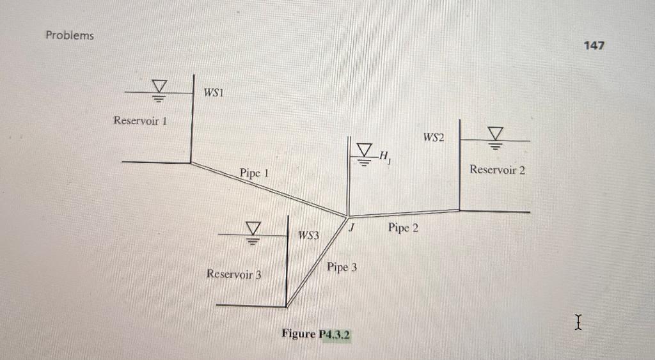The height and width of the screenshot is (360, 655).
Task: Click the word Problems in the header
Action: pyautogui.click(x=69, y=35)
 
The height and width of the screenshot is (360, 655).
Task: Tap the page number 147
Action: pyautogui.click(x=594, y=45)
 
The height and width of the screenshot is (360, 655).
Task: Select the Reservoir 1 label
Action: pyautogui.click(x=140, y=120)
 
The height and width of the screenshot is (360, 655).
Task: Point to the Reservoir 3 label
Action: pyautogui.click(x=234, y=274)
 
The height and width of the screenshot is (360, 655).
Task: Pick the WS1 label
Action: pyautogui.click(x=213, y=93)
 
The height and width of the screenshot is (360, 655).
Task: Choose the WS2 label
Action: pyautogui.click(x=434, y=137)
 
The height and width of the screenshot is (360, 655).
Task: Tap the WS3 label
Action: pyautogui.click(x=308, y=236)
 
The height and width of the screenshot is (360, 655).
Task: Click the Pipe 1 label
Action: pyautogui.click(x=254, y=173)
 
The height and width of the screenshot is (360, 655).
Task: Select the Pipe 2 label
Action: pyautogui.click(x=403, y=228)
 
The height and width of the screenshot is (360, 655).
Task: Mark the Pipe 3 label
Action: pyautogui.click(x=342, y=267)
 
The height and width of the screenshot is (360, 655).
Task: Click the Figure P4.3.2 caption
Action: pyautogui.click(x=317, y=334)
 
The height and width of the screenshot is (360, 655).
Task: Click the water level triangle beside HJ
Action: pyautogui.click(x=363, y=151)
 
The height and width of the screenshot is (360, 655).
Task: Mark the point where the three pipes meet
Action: pyautogui.click(x=347, y=216)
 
